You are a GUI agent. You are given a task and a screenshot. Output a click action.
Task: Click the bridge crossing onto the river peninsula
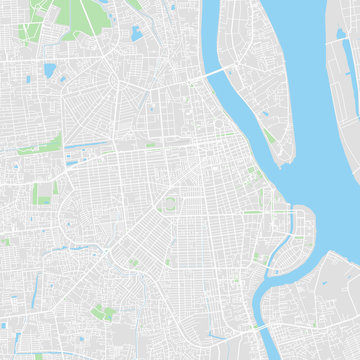(216, 74)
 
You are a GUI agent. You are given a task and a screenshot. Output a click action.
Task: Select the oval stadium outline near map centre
(168, 206)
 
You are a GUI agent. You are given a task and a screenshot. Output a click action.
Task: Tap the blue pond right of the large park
(136, 34)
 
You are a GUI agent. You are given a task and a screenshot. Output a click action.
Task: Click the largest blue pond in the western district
(50, 70)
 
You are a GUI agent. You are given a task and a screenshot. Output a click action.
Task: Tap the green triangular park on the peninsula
(268, 135)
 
